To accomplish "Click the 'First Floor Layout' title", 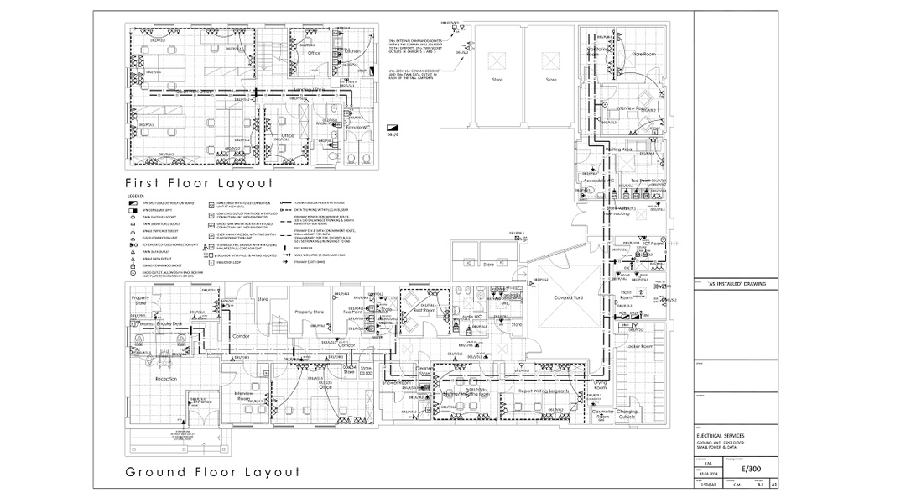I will point(199,182).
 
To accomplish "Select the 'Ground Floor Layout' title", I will point(212,472).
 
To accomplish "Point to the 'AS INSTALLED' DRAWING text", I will point(731,284).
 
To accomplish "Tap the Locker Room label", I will point(639,346).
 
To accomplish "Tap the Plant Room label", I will point(626,295).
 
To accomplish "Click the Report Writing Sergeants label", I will point(544,391).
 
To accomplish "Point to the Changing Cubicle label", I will point(627,414).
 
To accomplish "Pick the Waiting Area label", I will point(630,150).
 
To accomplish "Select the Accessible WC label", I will point(600,181).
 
